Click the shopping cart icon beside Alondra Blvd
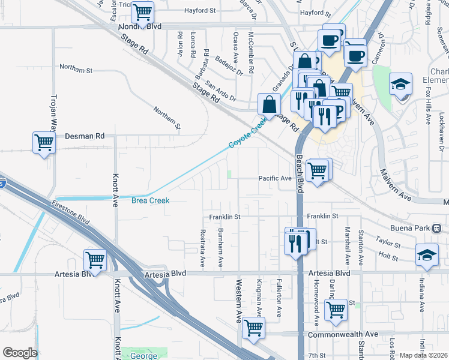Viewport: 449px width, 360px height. pyautogui.click(x=142, y=11)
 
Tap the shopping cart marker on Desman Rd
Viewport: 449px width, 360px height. pyautogui.click(x=44, y=143)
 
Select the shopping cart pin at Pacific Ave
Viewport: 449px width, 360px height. pyautogui.click(x=318, y=170)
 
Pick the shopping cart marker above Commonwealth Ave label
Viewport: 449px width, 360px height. pyautogui.click(x=336, y=310)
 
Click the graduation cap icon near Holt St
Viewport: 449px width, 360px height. pyautogui.click(x=427, y=254)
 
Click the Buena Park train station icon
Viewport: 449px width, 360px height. pyautogui.click(x=437, y=228)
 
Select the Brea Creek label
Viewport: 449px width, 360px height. pyautogui.click(x=150, y=200)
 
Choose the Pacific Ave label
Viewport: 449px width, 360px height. pyautogui.click(x=274, y=178)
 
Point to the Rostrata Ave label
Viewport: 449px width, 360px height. pyautogui.click(x=202, y=247)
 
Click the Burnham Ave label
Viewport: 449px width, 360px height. pyautogui.click(x=221, y=247)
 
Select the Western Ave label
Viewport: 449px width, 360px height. pyautogui.click(x=238, y=300)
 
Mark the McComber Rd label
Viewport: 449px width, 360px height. pyautogui.click(x=251, y=53)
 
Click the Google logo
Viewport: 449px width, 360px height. pyautogui.click(x=20, y=353)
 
